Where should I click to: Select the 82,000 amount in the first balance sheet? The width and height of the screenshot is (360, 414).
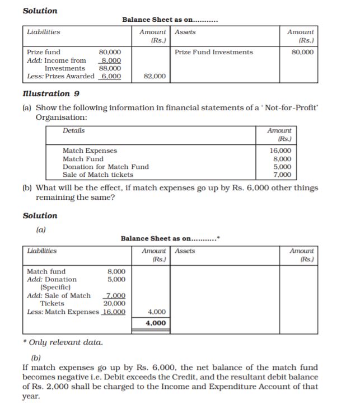155,76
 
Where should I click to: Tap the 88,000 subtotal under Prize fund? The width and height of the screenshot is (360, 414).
110,68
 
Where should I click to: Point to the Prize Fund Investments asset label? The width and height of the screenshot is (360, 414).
213,52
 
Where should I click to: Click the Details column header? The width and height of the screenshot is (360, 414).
74,130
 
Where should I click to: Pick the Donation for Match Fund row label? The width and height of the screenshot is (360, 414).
106,167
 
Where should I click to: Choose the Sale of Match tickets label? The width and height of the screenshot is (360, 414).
98,175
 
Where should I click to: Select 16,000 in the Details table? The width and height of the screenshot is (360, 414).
280,150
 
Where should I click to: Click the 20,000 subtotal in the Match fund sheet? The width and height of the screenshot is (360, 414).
114,303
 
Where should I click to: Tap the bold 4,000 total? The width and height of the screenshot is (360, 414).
155,323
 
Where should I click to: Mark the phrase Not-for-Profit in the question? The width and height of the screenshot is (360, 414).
291,107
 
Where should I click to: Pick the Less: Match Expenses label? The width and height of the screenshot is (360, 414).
63,312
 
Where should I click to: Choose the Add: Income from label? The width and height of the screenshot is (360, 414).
57,60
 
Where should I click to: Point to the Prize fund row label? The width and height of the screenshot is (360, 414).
44,52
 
